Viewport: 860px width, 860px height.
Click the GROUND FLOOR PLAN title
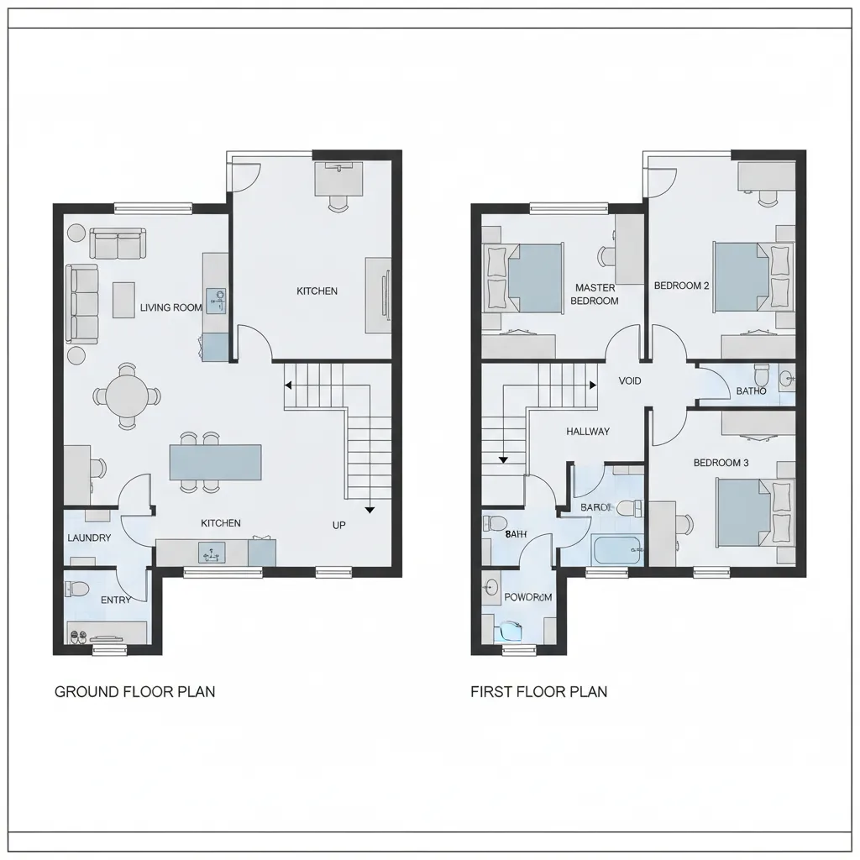(134, 692)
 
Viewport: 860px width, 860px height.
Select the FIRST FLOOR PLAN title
(538, 692)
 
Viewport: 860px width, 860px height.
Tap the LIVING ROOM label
(170, 307)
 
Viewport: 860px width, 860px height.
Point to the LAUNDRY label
(88, 537)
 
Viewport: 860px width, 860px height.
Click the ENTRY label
(115, 600)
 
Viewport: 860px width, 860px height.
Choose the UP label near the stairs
(339, 525)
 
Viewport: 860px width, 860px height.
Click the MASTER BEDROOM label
(595, 294)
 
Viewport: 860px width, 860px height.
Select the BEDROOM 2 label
(681, 286)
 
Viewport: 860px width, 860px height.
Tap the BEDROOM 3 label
(721, 463)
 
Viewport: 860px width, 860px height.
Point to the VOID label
(629, 381)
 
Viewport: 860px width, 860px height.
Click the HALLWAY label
(588, 432)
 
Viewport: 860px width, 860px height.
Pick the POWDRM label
(527, 597)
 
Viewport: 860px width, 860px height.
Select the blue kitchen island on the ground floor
(215, 462)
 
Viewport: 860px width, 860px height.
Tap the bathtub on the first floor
(616, 550)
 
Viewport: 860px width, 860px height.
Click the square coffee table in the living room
(123, 299)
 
